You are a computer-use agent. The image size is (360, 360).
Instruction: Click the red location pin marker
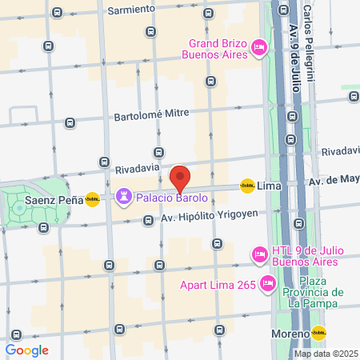click(180, 177)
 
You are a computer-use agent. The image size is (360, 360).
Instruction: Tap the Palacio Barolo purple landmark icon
click(124, 196)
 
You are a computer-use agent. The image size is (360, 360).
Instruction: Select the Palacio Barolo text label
click(171, 197)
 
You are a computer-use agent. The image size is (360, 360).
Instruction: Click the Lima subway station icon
click(247, 186)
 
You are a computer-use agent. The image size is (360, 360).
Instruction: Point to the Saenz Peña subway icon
click(93, 199)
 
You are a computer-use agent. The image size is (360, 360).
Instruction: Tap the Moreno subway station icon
click(319, 333)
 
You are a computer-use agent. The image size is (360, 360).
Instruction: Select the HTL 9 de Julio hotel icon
click(258, 254)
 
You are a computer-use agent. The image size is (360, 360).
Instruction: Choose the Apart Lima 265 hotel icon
click(268, 282)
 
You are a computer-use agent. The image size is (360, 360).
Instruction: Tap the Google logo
click(27, 350)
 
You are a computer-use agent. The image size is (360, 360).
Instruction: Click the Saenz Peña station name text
click(54, 200)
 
